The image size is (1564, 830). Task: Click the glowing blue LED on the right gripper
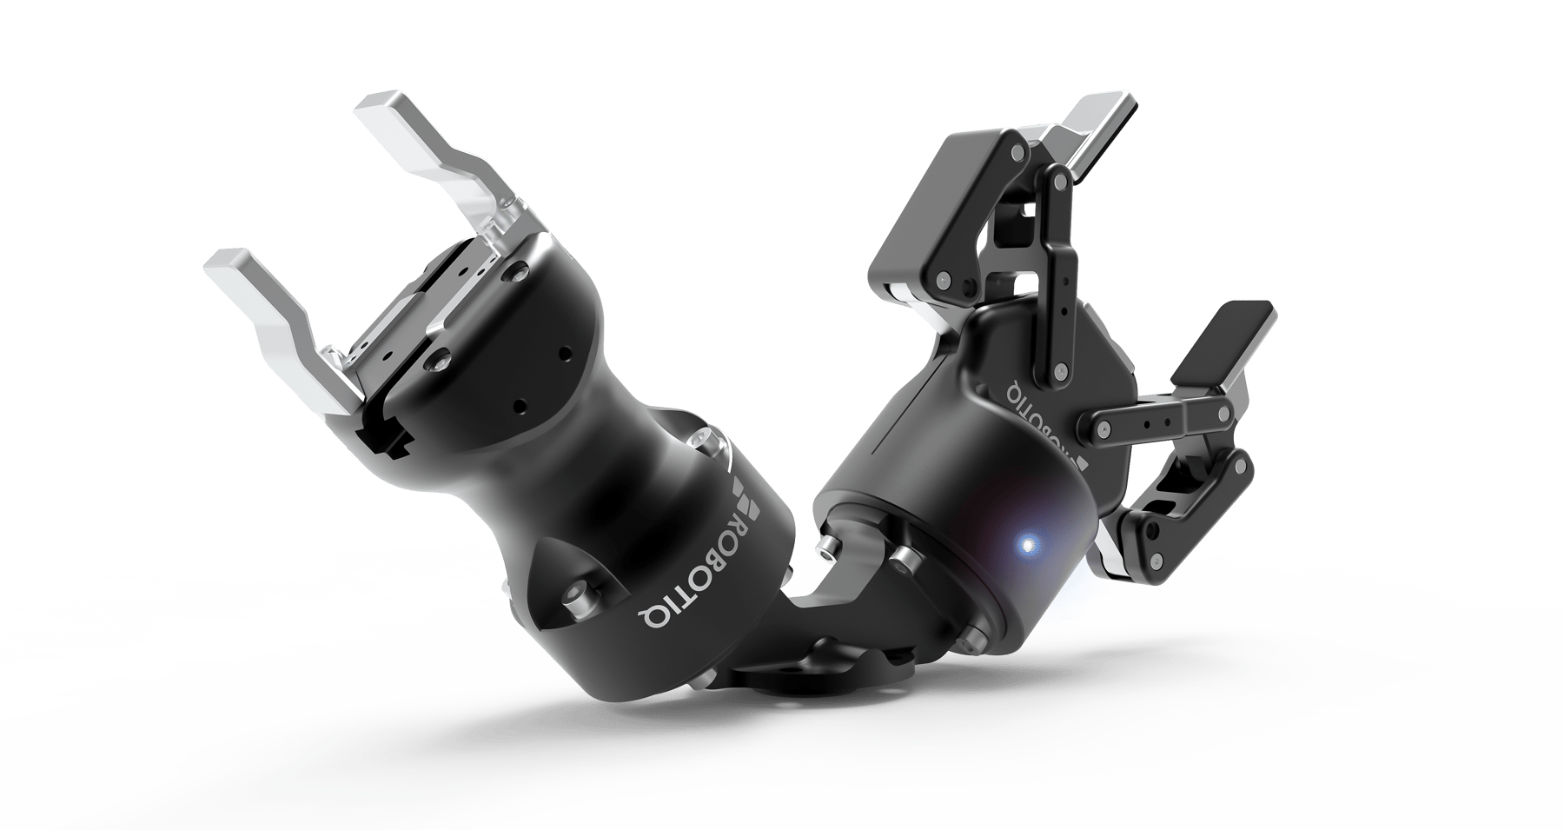(1028, 546)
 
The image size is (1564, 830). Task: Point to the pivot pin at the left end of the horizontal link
(1102, 428)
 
